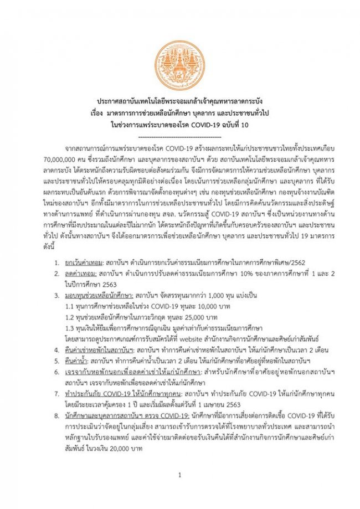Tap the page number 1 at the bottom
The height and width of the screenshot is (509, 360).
(x=179, y=475)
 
